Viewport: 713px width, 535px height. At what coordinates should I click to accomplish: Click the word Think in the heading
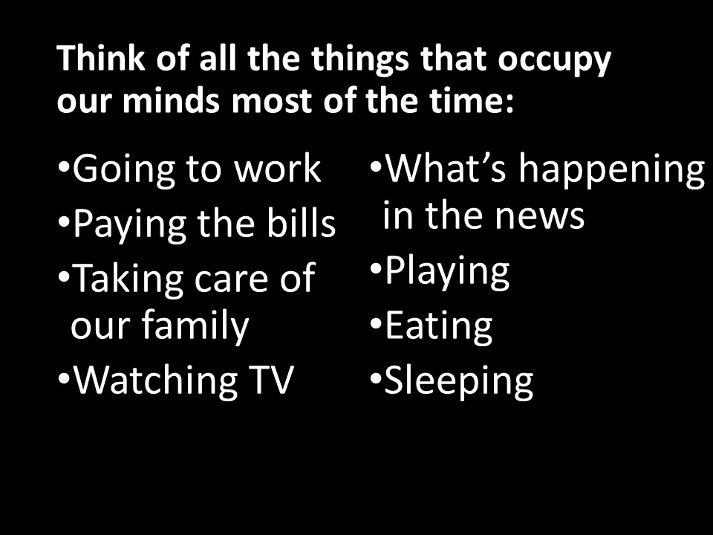(101, 58)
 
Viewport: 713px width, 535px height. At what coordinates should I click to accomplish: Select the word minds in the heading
(171, 100)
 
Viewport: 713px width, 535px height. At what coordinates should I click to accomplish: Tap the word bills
(301, 223)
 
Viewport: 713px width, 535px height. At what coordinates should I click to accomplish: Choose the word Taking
(127, 279)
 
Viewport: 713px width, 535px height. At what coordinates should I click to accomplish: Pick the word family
(195, 325)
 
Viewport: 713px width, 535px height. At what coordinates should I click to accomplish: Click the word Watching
(155, 380)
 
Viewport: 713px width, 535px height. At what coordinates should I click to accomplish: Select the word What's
(446, 168)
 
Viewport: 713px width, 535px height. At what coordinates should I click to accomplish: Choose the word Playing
(447, 271)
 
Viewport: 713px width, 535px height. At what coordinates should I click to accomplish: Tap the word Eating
(439, 326)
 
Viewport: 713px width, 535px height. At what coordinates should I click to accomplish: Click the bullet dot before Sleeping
(375, 377)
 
